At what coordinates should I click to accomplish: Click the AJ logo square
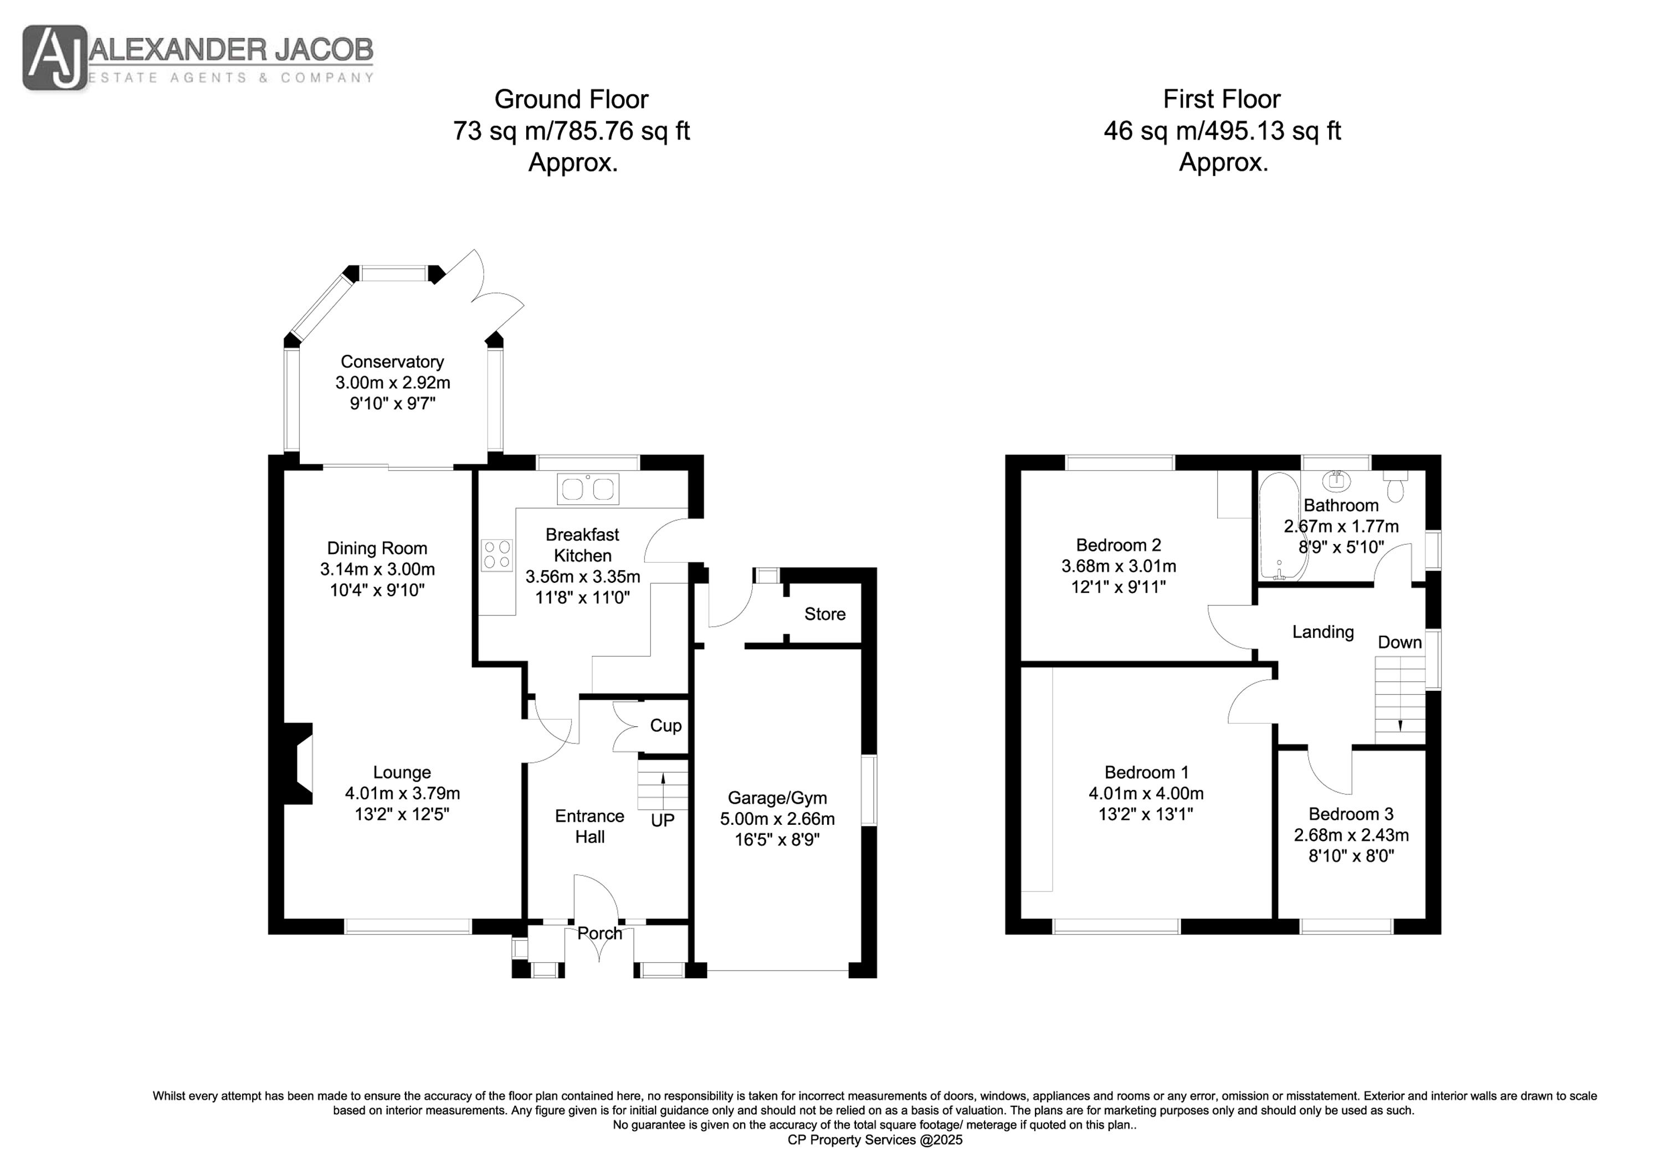55,58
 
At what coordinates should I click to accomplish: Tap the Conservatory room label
392,361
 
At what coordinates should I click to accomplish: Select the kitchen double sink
588,489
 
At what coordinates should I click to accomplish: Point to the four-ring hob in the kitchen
496,555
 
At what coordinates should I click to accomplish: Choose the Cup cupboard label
666,725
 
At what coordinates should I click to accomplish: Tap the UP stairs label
663,820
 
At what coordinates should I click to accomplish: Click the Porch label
599,933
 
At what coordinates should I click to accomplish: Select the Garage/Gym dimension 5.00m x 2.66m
777,819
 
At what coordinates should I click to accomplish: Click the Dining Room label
377,548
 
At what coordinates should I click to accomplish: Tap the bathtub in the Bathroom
1280,526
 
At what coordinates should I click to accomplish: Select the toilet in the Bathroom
1395,486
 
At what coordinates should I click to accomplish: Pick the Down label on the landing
1399,642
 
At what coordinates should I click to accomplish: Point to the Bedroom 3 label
1351,814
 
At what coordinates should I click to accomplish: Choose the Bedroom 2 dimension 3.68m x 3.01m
1119,566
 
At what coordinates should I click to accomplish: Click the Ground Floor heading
571,99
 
